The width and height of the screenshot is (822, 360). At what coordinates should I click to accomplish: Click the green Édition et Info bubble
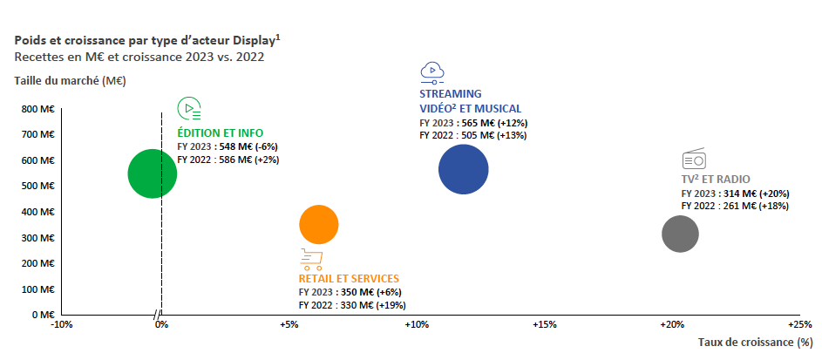[x=153, y=173]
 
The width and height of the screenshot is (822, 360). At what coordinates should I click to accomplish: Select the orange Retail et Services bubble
[x=318, y=224]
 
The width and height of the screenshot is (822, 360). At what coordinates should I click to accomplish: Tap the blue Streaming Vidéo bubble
[x=464, y=168]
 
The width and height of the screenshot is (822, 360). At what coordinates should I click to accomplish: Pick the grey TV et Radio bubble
[x=680, y=234]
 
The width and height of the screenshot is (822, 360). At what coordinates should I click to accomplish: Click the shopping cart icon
[x=311, y=259]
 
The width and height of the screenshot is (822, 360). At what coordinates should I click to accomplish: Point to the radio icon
[x=693, y=160]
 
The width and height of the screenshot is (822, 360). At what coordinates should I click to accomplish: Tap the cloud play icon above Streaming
[x=432, y=72]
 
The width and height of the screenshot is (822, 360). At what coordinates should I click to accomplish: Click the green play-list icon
[x=189, y=109]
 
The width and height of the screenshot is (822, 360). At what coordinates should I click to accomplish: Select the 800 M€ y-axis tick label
[x=38, y=109]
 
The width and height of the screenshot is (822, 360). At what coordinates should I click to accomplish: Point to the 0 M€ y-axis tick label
[x=43, y=315]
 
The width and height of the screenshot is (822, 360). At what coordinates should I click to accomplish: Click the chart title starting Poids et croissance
[x=147, y=40]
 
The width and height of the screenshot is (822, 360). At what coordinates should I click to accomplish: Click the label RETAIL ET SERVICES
[x=349, y=279]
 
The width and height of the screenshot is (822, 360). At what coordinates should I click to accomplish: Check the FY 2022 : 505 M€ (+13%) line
[x=473, y=135]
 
